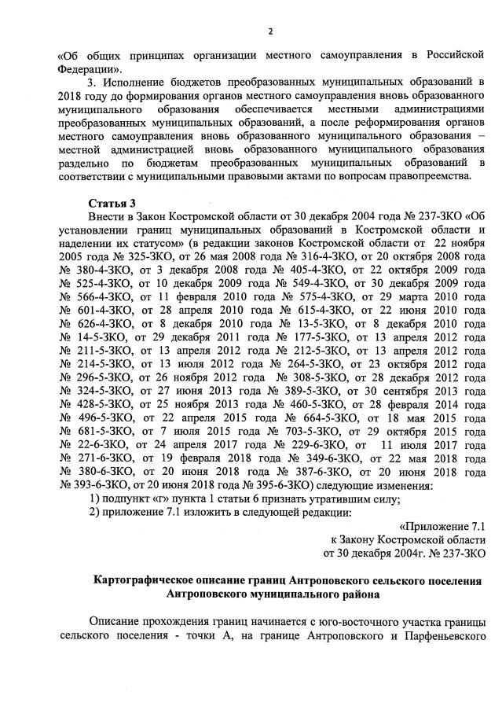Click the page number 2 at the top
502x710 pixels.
[x=269, y=31]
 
